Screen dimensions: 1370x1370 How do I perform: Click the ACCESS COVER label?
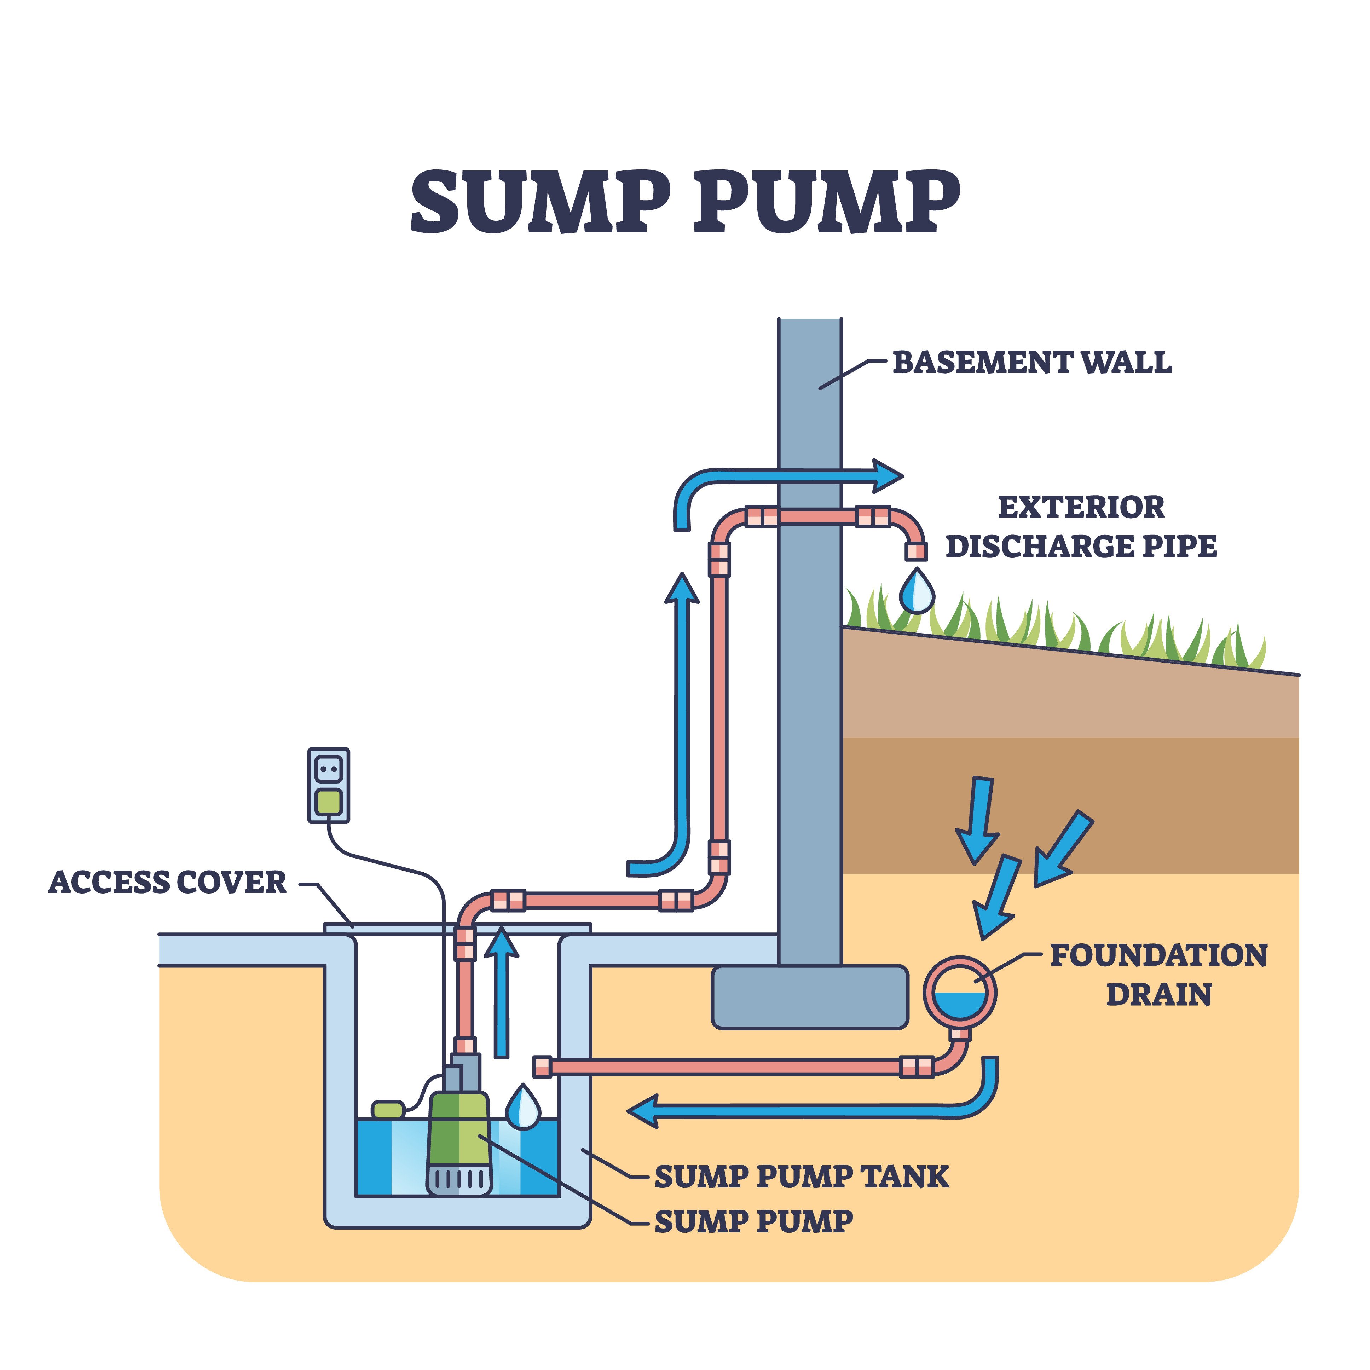click(x=167, y=882)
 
